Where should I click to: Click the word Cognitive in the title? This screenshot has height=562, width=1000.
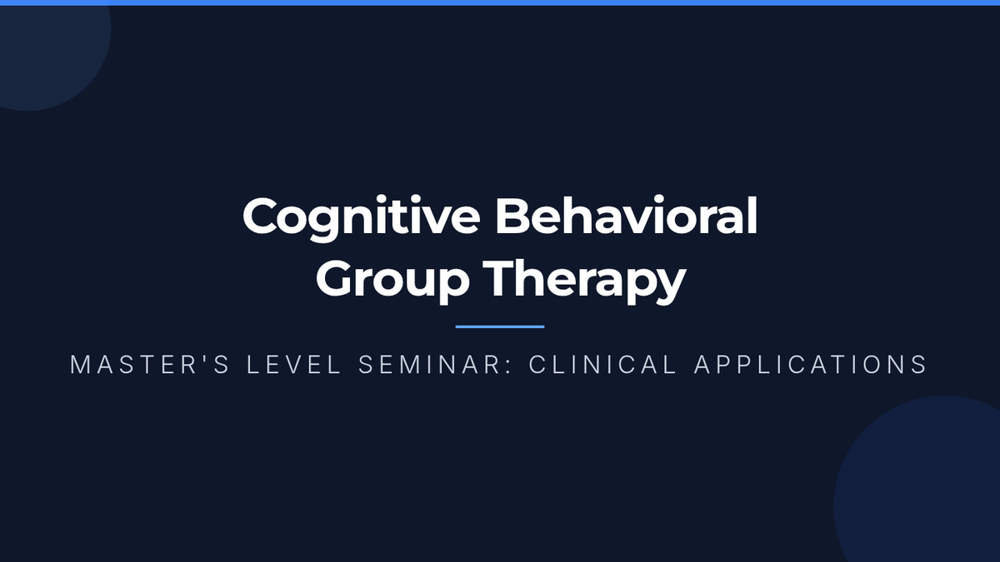click(361, 218)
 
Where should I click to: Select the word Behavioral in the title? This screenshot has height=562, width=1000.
click(627, 215)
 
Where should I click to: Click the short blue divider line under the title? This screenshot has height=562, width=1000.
click(500, 327)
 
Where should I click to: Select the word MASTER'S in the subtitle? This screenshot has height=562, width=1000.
click(150, 365)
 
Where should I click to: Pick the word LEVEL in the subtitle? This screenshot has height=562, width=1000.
click(294, 365)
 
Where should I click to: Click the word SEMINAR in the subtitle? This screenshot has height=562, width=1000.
click(430, 365)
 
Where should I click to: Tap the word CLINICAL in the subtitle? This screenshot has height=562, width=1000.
click(603, 365)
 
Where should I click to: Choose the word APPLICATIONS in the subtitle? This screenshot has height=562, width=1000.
click(811, 365)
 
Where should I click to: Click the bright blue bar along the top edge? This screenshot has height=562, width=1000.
click(500, 2)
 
